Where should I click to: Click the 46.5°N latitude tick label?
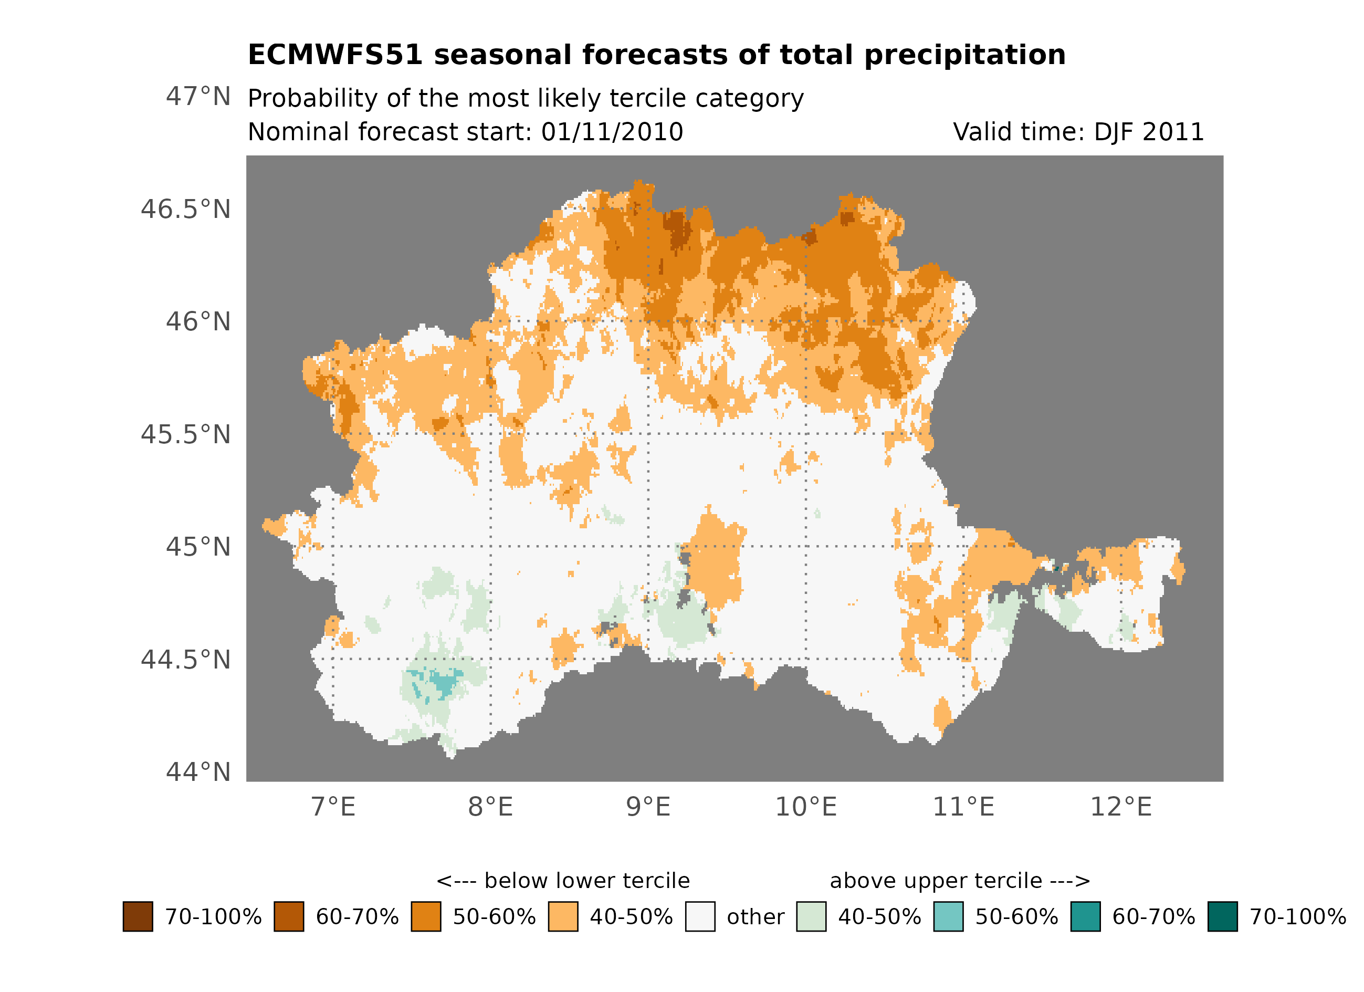[185, 210]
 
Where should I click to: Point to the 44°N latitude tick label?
[198, 772]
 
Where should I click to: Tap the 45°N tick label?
[198, 547]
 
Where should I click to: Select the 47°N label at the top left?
[198, 96]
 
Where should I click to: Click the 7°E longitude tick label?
[333, 807]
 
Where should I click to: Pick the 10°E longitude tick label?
[805, 807]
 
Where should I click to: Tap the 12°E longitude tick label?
[1120, 807]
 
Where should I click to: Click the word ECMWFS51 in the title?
[335, 55]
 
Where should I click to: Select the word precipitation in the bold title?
[964, 55]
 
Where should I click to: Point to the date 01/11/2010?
[612, 132]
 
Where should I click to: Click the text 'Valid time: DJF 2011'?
[1078, 132]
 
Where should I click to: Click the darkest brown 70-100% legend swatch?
[138, 916]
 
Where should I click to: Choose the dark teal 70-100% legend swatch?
[1222, 916]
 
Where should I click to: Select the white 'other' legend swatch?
[700, 916]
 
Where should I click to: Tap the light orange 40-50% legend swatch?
[563, 916]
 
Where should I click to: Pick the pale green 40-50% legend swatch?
[811, 916]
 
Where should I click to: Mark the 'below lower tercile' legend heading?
[563, 881]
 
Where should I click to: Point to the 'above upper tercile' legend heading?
[959, 881]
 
